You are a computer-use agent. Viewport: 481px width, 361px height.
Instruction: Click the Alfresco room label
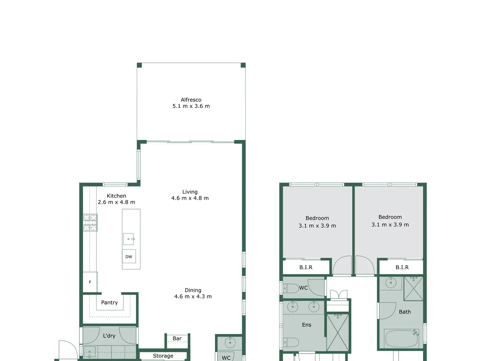191,100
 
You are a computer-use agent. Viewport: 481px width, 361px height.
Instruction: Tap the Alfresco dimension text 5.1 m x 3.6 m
191,106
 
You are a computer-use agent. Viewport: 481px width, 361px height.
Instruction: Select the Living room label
190,192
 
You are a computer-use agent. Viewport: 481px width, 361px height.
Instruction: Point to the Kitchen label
116,196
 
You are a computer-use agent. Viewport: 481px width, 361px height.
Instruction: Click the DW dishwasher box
129,256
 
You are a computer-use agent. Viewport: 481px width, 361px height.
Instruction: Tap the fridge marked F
90,282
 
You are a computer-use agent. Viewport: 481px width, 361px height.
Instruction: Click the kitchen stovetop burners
90,223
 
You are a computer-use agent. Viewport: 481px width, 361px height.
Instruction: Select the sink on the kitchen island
129,239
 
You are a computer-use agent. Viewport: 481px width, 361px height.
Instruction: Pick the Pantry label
109,302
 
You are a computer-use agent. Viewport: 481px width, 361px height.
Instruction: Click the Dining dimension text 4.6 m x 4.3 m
193,297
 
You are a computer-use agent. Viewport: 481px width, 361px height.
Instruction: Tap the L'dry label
109,335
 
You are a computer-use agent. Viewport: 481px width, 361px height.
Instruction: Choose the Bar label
177,338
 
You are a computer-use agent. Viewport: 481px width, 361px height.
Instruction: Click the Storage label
163,356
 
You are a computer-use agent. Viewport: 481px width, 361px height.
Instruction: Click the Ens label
307,325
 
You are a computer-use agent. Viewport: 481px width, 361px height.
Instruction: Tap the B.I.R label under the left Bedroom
306,267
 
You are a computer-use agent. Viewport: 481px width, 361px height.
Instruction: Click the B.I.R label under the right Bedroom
402,267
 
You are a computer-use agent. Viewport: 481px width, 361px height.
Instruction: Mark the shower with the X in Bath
413,288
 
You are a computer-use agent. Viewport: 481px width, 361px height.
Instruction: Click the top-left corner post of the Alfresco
139,65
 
